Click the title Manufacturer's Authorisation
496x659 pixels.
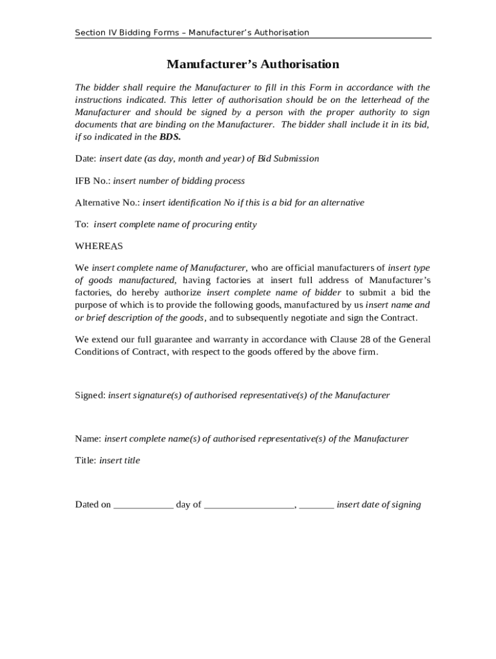[253, 64]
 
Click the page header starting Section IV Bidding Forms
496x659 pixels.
[192, 32]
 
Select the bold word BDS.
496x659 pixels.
[170, 137]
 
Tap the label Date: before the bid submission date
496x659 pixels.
[86, 158]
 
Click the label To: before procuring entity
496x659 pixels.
[82, 225]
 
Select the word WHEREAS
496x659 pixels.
[99, 246]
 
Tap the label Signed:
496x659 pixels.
[90, 395]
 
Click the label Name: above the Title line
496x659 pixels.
[88, 439]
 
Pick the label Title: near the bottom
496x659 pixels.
[86, 461]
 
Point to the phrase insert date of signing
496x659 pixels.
[379, 505]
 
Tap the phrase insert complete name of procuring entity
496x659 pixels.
[175, 225]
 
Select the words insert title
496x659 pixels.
[120, 461]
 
